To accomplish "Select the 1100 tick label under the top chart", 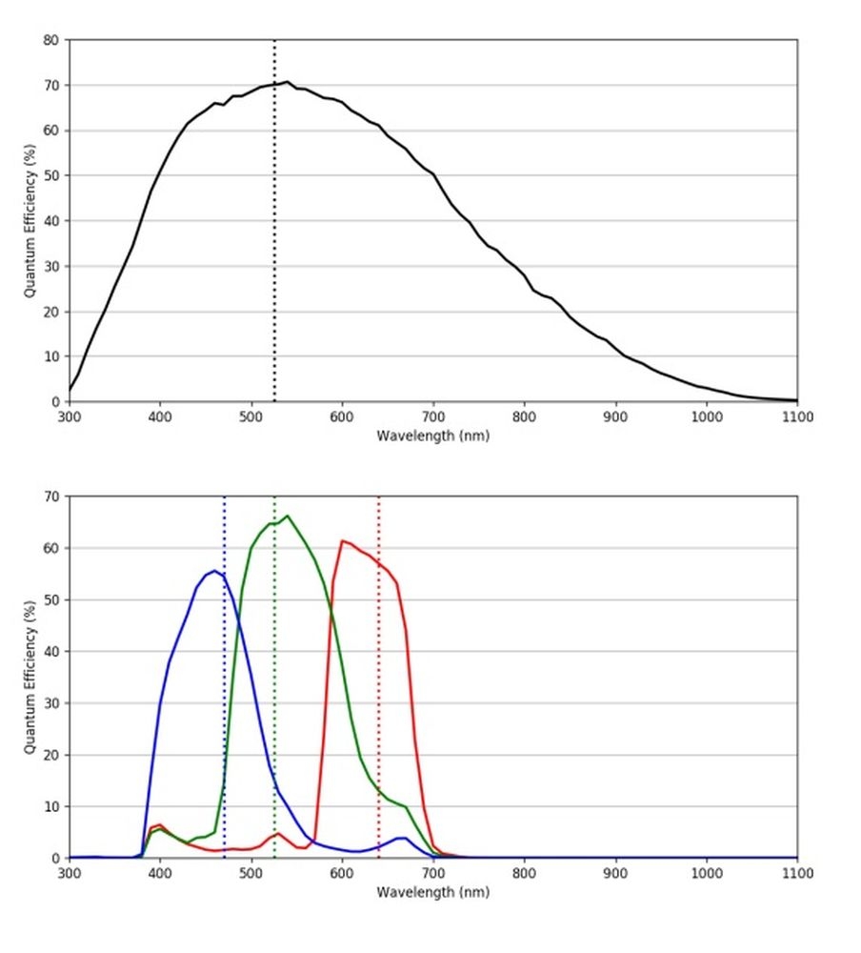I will pyautogui.click(x=796, y=416).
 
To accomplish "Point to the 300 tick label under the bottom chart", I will pyautogui.click(x=69, y=873).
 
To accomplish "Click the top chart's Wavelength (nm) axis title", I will pyautogui.click(x=433, y=436).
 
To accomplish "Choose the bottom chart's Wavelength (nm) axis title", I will pyautogui.click(x=433, y=892).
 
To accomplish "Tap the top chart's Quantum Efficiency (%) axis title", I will pyautogui.click(x=30, y=221).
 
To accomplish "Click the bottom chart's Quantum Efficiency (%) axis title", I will pyautogui.click(x=30, y=678).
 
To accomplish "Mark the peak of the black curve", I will pyautogui.click(x=288, y=82).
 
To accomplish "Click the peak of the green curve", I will pyautogui.click(x=288, y=516).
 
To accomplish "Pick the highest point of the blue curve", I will pyautogui.click(x=214, y=571).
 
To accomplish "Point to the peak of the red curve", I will pyautogui.click(x=343, y=541).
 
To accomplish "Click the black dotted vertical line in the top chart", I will pyautogui.click(x=274, y=238).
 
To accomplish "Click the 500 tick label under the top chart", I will pyautogui.click(x=250, y=416).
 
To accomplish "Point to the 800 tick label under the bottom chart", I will pyautogui.click(x=524, y=873).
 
